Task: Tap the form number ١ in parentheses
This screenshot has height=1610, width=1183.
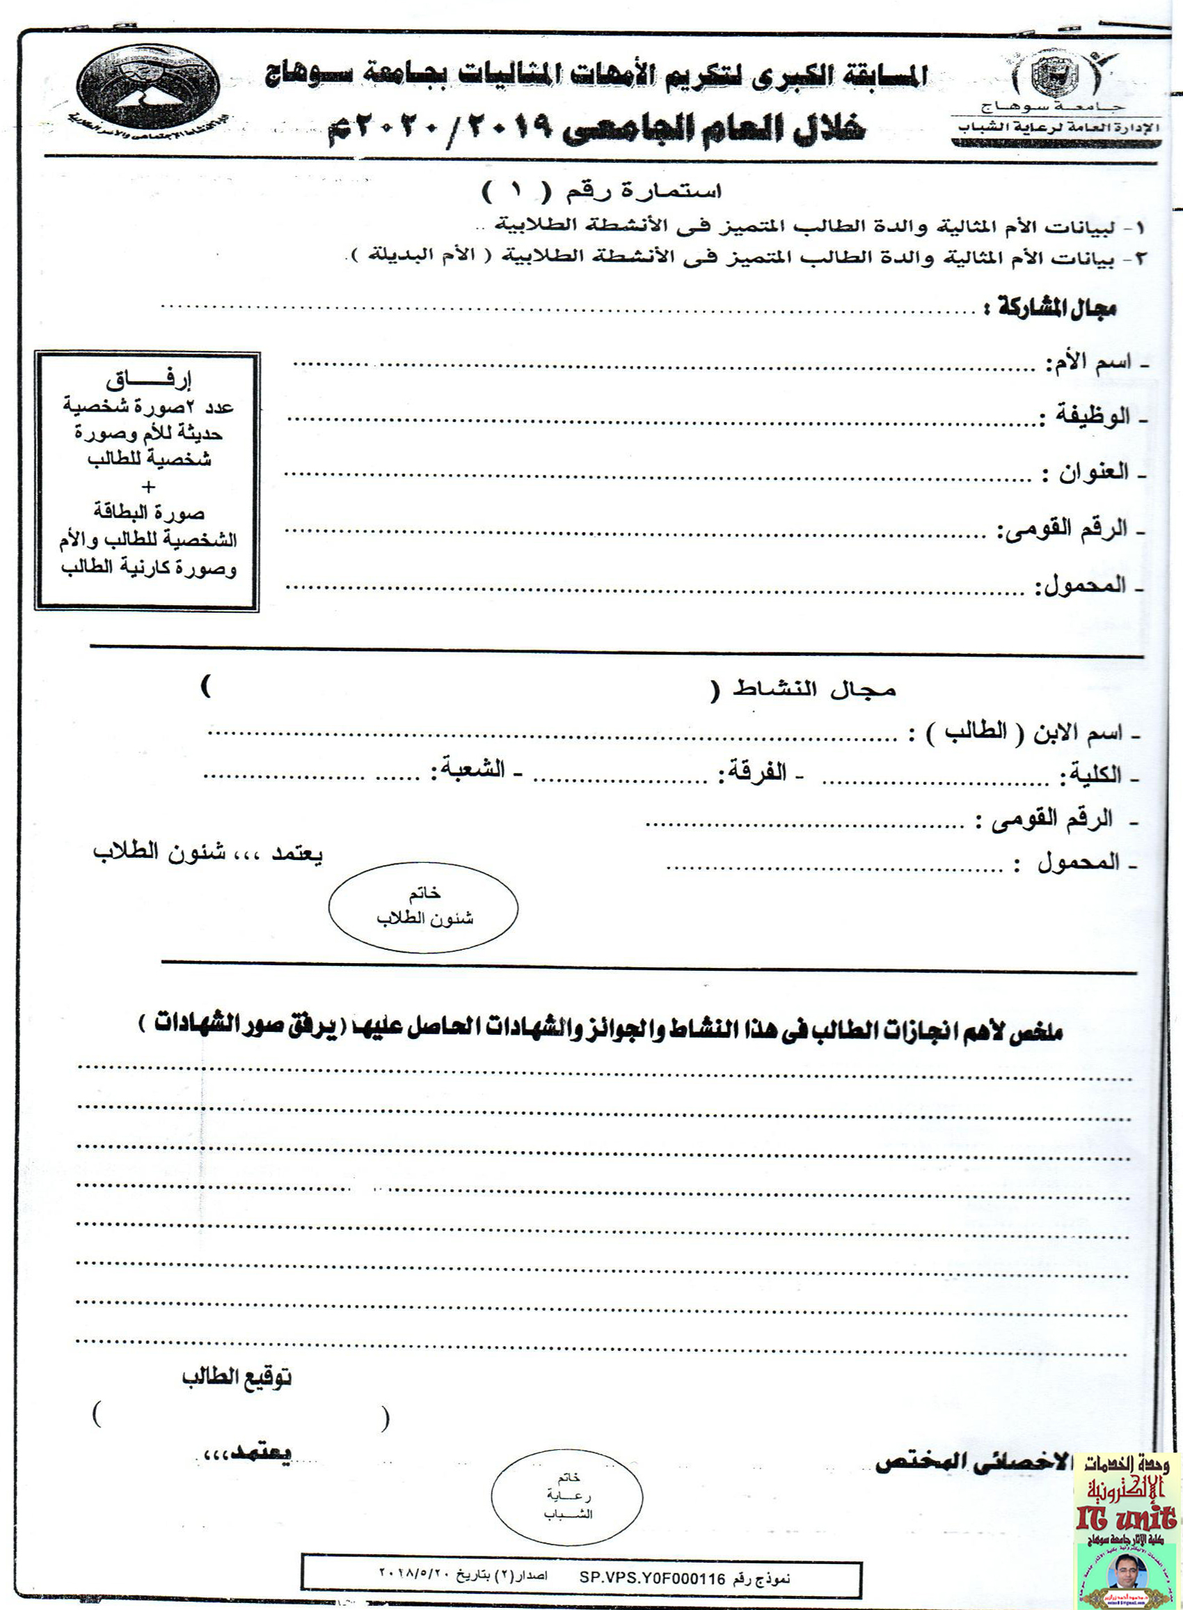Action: click(518, 191)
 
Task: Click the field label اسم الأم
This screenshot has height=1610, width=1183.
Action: click(1088, 362)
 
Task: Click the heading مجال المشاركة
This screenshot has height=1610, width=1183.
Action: click(1056, 308)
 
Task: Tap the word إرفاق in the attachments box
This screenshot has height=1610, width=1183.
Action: click(148, 380)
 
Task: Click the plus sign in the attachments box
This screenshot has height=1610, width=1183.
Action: click(148, 487)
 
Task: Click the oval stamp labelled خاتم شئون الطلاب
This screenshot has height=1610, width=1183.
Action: click(423, 907)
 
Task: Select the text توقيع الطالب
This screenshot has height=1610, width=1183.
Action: click(237, 1377)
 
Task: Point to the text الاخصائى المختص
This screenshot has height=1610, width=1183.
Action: click(971, 1462)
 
